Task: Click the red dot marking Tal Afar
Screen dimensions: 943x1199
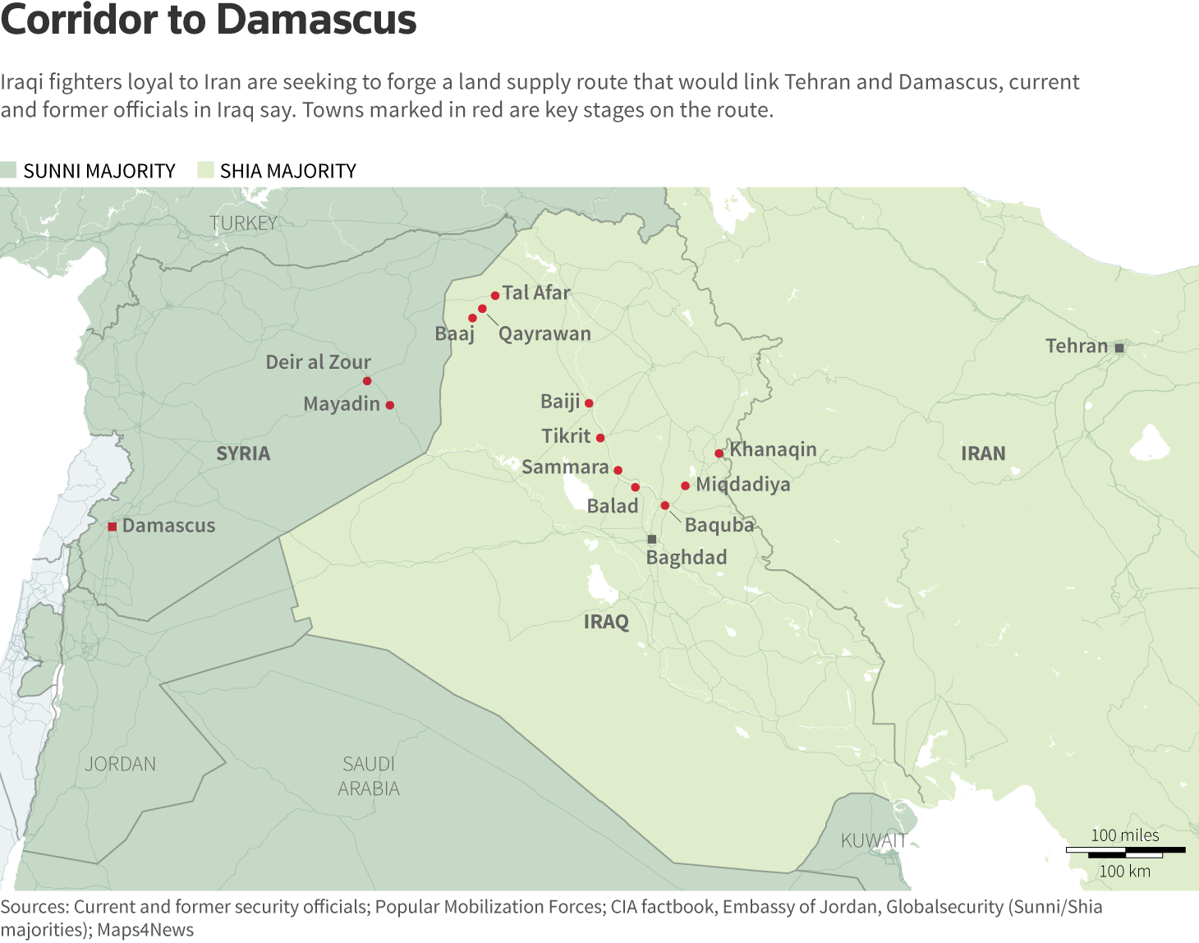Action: tap(495, 296)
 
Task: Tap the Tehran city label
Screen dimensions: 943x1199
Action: tap(1077, 346)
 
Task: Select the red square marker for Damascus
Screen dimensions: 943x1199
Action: tap(113, 527)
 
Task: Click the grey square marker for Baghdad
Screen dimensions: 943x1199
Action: tap(652, 540)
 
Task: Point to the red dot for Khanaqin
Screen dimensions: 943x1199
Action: tap(719, 453)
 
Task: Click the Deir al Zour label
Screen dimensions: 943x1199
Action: tap(318, 362)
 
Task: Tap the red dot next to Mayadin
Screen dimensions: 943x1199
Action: tap(390, 405)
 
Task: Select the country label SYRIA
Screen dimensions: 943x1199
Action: tap(243, 453)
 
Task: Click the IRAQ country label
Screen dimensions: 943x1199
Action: tap(606, 622)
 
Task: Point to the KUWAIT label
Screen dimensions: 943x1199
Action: tap(873, 840)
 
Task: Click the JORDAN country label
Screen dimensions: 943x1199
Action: tap(121, 764)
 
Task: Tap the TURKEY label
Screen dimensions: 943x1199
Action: tap(243, 223)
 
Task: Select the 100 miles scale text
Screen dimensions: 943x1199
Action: tap(1124, 835)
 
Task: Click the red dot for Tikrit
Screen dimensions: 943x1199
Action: tap(600, 438)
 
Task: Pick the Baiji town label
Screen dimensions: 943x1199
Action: tap(560, 402)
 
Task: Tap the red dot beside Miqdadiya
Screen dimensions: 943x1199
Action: tap(685, 485)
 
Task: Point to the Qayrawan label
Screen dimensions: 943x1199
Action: tap(544, 333)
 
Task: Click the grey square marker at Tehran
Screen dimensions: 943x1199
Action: tap(1119, 347)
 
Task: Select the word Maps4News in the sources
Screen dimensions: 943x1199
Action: tap(145, 930)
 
